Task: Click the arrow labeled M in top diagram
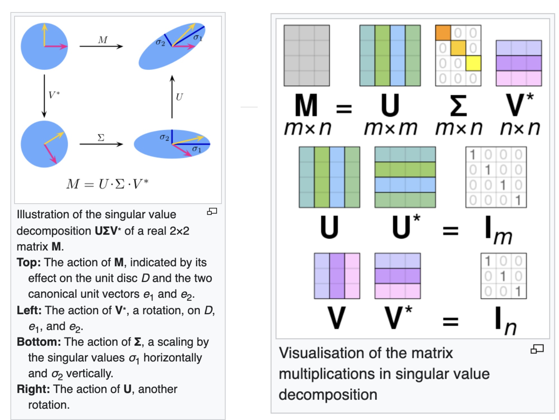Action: (101, 46)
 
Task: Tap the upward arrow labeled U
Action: (172, 97)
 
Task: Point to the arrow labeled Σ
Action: (101, 144)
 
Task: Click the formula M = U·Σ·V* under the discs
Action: (107, 184)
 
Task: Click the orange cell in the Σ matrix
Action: (443, 33)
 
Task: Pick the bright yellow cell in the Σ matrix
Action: (473, 63)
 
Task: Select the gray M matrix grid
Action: (307, 55)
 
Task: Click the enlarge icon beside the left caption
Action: (212, 211)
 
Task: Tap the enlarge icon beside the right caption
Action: (537, 349)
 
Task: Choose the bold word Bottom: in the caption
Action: (39, 342)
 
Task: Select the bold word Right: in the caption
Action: (33, 389)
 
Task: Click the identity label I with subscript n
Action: (504, 320)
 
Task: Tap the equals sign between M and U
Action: (344, 108)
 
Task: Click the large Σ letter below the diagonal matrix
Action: (458, 106)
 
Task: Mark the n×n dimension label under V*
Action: (520, 129)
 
